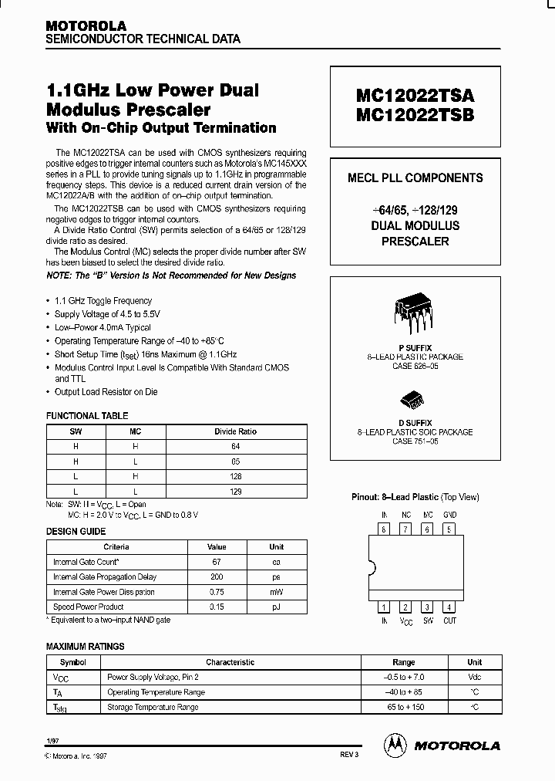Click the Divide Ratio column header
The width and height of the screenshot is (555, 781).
pyautogui.click(x=235, y=431)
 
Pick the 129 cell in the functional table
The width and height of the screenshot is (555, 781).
pyautogui.click(x=235, y=491)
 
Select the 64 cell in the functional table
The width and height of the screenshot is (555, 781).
pyautogui.click(x=235, y=446)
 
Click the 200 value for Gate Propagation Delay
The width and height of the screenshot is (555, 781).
pyautogui.click(x=217, y=576)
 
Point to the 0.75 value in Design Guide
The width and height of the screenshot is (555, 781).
pyautogui.click(x=217, y=592)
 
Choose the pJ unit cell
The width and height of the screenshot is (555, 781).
pyautogui.click(x=277, y=607)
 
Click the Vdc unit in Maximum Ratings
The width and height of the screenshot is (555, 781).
pyautogui.click(x=474, y=677)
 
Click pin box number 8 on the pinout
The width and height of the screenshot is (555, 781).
pyautogui.click(x=383, y=529)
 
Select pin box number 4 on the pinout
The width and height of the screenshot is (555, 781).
pyautogui.click(x=450, y=607)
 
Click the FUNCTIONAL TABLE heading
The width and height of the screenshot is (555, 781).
pyautogui.click(x=87, y=416)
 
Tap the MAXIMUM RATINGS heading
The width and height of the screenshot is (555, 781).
pyautogui.click(x=85, y=646)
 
